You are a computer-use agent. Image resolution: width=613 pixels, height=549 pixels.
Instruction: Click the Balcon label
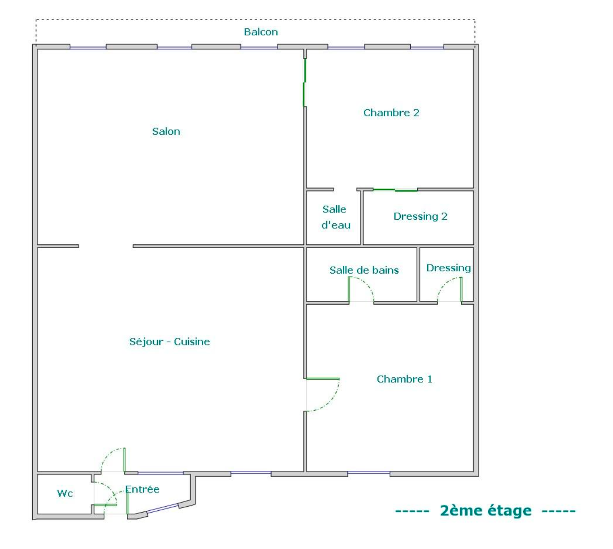[261, 32]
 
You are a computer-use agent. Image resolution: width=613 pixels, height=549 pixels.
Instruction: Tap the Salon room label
[166, 132]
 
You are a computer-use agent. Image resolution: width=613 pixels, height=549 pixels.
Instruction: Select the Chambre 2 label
[391, 113]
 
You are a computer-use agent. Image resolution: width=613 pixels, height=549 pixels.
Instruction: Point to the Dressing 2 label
[420, 217]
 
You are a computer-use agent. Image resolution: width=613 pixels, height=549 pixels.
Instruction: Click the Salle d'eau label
[335, 217]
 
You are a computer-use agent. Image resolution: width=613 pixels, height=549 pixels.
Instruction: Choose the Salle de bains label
[364, 270]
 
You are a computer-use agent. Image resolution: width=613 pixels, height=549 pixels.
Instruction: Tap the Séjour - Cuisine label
[170, 342]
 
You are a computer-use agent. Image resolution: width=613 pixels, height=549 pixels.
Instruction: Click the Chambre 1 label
[404, 379]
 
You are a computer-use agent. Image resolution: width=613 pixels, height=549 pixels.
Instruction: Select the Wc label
[65, 493]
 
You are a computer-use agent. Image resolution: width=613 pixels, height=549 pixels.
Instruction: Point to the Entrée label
[142, 489]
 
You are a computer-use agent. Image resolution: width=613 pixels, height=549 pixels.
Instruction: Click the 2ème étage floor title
[486, 511]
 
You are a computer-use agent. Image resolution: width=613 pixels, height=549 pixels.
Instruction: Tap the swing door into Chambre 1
[322, 394]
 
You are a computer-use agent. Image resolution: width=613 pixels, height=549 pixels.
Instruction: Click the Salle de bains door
[361, 290]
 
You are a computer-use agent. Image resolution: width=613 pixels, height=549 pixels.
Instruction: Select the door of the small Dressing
[450, 290]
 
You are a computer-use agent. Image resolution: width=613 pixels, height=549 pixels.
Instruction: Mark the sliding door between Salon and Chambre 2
[304, 83]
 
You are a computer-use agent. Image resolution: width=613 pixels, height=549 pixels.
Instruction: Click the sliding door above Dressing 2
[395, 190]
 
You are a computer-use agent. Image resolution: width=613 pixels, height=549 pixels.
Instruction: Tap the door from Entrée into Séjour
[113, 460]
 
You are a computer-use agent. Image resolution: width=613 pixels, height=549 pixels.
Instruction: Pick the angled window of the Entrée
[163, 508]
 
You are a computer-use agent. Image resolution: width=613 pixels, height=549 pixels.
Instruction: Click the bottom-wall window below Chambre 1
[368, 473]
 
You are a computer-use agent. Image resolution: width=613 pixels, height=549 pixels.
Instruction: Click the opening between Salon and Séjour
[106, 246]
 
